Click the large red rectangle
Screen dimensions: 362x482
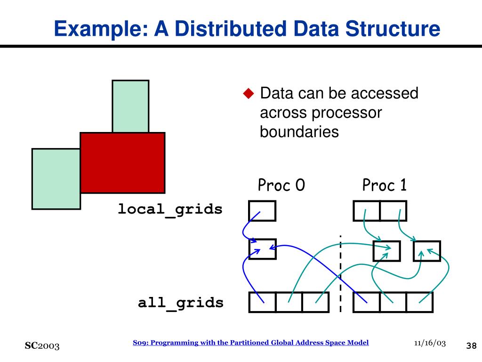point(122,163)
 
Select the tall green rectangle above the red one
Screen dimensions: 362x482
point(130,106)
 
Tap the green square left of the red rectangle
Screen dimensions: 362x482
point(56,179)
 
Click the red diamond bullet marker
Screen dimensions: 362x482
point(248,93)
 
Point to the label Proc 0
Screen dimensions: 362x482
point(281,185)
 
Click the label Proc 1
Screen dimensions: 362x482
point(384,185)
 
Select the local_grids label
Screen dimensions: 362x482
point(170,209)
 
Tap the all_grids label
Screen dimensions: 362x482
point(181,302)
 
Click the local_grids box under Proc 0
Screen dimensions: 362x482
point(262,211)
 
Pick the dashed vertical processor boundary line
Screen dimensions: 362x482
point(340,273)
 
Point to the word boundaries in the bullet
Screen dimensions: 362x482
point(299,132)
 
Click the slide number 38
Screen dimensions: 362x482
point(471,346)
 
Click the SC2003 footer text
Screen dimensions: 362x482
point(42,346)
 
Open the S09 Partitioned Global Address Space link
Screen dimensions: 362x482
point(250,343)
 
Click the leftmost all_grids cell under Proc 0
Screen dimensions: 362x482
point(262,302)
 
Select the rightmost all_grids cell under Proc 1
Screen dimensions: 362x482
point(419,302)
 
